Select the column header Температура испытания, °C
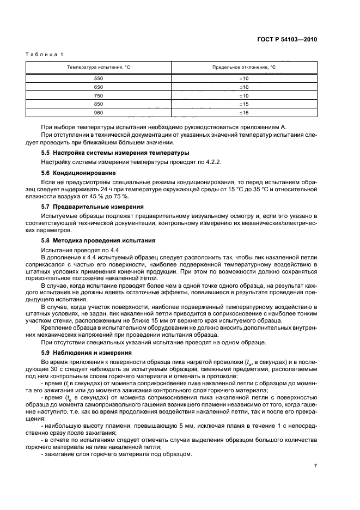pos(99,67)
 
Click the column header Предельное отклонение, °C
pos(243,67)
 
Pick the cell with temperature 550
pos(99,78)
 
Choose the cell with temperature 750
pos(99,95)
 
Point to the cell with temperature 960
pos(99,112)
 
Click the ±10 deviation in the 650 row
pos(243,87)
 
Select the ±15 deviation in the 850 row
pos(243,104)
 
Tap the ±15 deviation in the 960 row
pos(243,112)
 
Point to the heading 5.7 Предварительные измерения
pos(93,207)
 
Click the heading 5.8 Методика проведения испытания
pos(98,240)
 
